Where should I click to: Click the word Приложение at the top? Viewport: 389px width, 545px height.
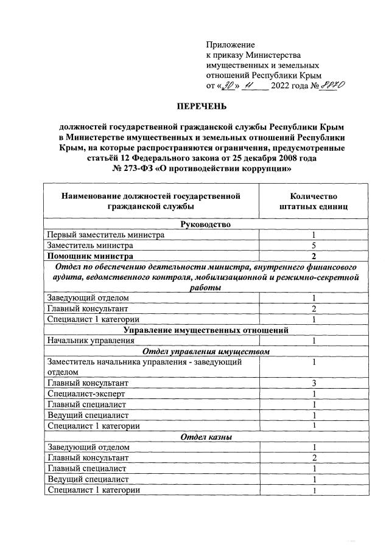pos(230,45)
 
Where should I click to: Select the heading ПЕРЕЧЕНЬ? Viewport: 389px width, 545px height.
pos(201,107)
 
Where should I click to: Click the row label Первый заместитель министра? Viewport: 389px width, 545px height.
pos(105,235)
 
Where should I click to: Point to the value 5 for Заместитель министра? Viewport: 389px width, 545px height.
pos(313,246)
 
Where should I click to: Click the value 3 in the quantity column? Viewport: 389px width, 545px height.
pos(313,383)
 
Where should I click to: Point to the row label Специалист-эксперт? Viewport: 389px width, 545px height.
pos(85,394)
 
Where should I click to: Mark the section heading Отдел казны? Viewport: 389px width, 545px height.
pos(201,436)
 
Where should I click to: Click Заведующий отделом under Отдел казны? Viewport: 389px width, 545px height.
pos(88,447)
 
